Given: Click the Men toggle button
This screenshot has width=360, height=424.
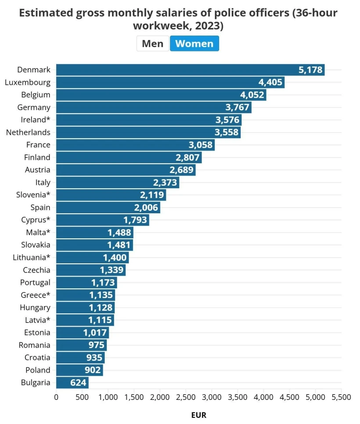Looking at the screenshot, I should coord(152,43).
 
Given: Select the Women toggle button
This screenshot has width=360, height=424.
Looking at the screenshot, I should coord(194,43).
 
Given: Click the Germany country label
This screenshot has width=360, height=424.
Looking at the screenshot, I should coord(34,107).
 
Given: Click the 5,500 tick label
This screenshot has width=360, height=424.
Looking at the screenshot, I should coord(341,397).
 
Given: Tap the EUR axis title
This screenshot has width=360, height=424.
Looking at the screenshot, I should coord(198,415).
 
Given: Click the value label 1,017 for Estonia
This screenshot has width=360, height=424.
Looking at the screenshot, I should coord(95,333).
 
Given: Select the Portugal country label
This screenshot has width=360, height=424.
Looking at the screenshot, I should coord(35,282).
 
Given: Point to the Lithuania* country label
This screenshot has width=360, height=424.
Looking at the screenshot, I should coord(32,257).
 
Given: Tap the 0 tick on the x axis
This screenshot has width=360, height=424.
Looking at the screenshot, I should coord(56,397).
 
